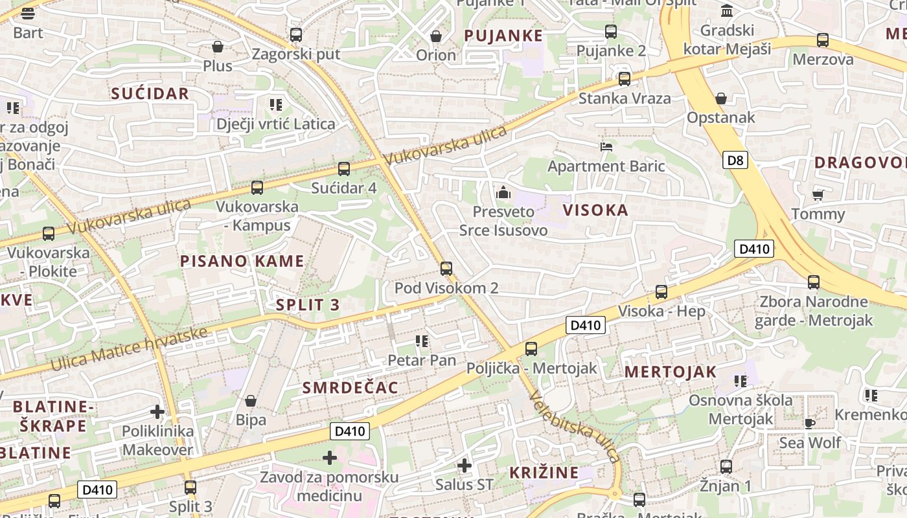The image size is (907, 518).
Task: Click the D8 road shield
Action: click(735, 159)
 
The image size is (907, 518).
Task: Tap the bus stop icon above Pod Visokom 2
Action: click(446, 268)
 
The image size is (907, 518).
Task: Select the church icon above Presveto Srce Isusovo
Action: click(503, 192)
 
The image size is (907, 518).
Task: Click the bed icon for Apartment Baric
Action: click(606, 147)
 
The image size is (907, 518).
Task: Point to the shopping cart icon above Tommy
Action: click(818, 194)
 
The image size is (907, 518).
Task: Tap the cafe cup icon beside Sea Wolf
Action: click(809, 423)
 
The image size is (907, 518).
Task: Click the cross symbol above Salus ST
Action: click(464, 465)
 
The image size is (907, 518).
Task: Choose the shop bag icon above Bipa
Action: click(251, 401)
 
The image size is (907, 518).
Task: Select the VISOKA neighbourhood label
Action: click(595, 210)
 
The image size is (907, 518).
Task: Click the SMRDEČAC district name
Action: click(350, 387)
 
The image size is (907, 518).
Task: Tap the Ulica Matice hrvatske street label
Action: click(130, 350)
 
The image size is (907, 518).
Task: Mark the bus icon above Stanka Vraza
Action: click(624, 79)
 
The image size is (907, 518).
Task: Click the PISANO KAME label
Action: click(242, 261)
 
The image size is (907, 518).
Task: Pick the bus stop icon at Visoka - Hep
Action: click(661, 292)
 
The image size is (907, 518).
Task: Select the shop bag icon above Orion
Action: click(436, 36)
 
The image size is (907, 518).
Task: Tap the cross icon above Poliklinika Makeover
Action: click(157, 411)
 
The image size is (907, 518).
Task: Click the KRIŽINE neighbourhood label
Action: click(544, 472)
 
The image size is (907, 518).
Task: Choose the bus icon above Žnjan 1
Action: click(726, 466)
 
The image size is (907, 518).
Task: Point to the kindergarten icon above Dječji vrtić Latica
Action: click(276, 104)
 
